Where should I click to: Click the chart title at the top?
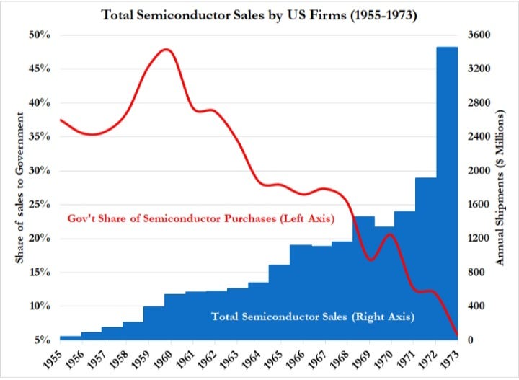coord(260,14)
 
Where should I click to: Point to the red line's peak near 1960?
coord(167,50)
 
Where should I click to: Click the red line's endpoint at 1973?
coord(456,334)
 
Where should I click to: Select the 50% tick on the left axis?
coord(40,35)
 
